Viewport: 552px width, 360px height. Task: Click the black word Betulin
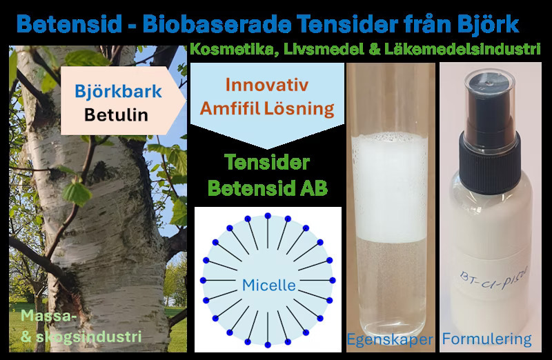pos(117,114)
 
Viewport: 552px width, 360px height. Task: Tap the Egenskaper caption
pos(390,339)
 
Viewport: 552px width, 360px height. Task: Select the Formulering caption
pos(487,339)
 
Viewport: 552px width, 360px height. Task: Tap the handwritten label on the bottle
pos(491,279)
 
